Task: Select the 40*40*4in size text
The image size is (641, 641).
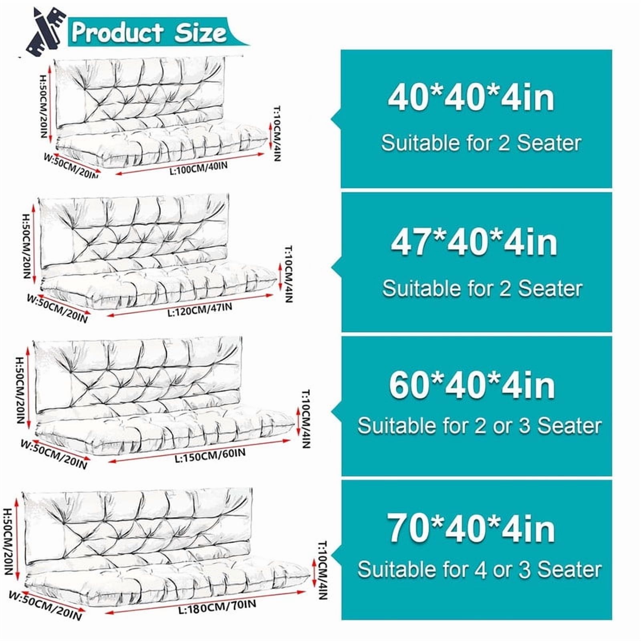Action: click(471, 98)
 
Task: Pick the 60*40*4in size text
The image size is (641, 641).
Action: click(472, 385)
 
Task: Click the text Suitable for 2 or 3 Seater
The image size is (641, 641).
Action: click(480, 425)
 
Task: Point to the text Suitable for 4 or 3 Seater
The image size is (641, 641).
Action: click(480, 569)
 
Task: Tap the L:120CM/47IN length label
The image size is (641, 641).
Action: click(200, 309)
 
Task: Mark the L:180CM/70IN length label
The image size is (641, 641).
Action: click(217, 606)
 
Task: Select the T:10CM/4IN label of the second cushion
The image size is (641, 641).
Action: click(289, 274)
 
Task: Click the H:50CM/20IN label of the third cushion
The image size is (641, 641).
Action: click(21, 390)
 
